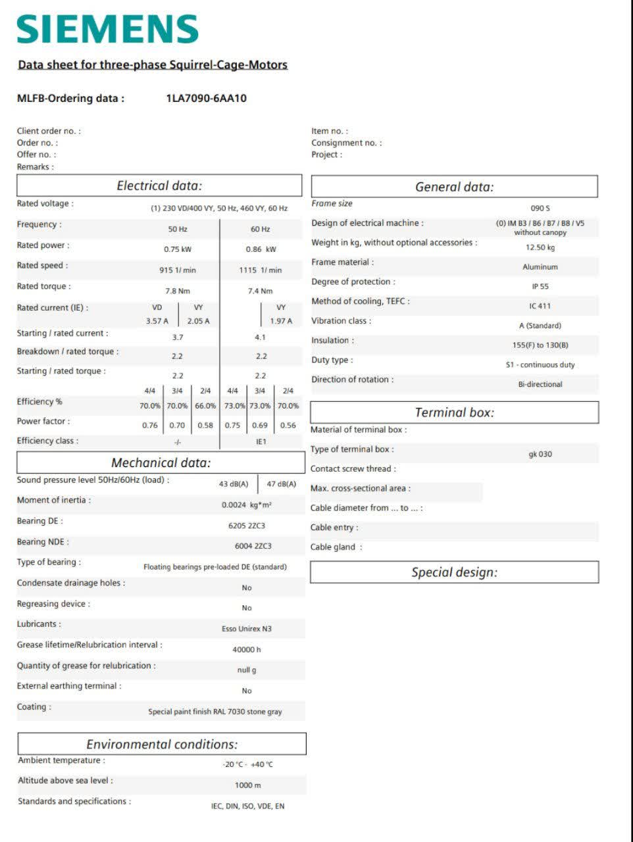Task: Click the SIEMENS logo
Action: (x=107, y=29)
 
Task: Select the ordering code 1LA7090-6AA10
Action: (x=207, y=99)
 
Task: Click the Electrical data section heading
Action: (x=159, y=186)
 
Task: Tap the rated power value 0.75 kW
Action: (x=178, y=249)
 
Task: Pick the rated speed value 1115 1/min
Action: (x=260, y=270)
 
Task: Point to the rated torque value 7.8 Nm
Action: (x=178, y=291)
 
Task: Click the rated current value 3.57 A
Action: (x=157, y=321)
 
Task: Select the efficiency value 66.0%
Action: (x=205, y=406)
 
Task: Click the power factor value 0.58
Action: (x=205, y=426)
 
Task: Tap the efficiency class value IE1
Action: (x=261, y=441)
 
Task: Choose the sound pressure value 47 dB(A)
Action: (x=282, y=484)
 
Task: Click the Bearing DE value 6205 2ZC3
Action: (x=247, y=526)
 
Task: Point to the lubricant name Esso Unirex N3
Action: (x=247, y=629)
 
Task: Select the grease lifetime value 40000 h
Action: (x=247, y=649)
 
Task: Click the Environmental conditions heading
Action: (x=162, y=744)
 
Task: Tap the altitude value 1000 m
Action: (x=248, y=785)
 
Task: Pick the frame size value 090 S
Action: (x=540, y=208)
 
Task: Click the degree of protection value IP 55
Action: (x=540, y=286)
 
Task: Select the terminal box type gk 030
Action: (x=540, y=454)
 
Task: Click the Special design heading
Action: (x=455, y=572)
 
